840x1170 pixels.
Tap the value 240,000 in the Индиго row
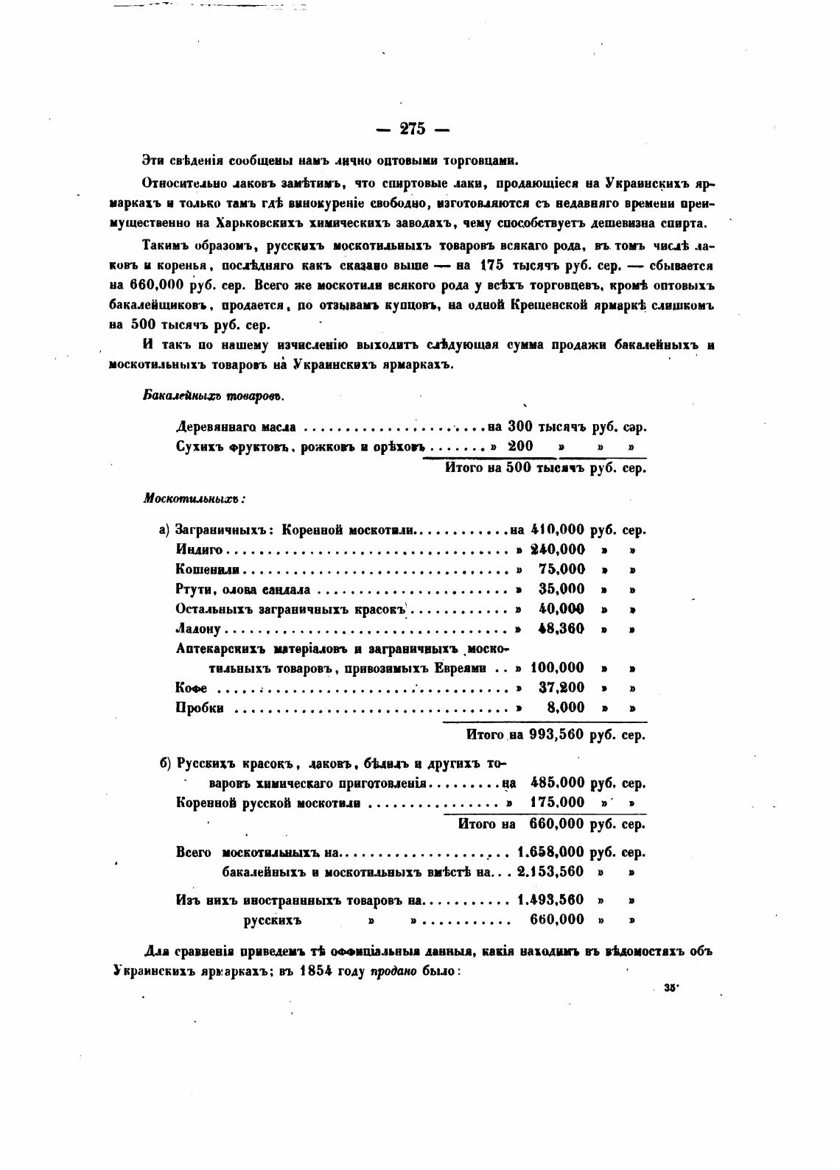click(558, 549)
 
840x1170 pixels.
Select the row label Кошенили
click(209, 569)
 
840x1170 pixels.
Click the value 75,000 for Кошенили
click(561, 569)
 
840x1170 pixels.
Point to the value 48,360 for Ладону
click(561, 629)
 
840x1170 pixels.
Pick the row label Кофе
click(191, 688)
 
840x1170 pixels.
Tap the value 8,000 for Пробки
click(567, 708)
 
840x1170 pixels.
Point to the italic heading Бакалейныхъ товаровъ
click(213, 395)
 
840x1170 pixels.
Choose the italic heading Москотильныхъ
click(194, 498)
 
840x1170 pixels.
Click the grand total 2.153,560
click(550, 872)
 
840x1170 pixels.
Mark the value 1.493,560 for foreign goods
click(550, 899)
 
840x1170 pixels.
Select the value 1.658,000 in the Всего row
click(550, 853)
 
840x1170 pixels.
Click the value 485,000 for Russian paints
click(557, 783)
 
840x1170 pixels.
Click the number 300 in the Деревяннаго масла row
click(520, 426)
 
